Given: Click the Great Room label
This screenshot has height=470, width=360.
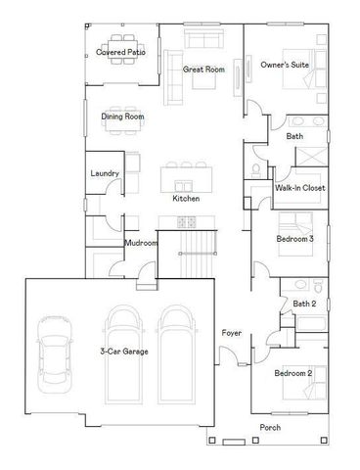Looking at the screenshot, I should pyautogui.click(x=203, y=70).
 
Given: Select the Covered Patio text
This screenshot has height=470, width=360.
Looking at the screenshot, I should pyautogui.click(x=121, y=52).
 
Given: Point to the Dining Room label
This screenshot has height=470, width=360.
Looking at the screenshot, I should pyautogui.click(x=122, y=117).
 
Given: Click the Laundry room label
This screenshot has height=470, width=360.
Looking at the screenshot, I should pyautogui.click(x=105, y=173).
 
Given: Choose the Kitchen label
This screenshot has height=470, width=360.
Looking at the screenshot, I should pyautogui.click(x=186, y=199).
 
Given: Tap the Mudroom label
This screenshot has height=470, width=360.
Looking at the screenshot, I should pyautogui.click(x=141, y=243).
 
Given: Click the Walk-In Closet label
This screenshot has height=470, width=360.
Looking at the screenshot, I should pyautogui.click(x=299, y=187).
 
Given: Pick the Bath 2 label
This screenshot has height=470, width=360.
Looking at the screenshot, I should pyautogui.click(x=303, y=304).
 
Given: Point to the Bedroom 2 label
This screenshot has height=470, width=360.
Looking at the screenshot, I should pyautogui.click(x=292, y=373).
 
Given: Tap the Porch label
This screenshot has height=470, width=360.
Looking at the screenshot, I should pyautogui.click(x=270, y=428).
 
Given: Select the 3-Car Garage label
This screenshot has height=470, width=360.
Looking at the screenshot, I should pyautogui.click(x=124, y=350).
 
